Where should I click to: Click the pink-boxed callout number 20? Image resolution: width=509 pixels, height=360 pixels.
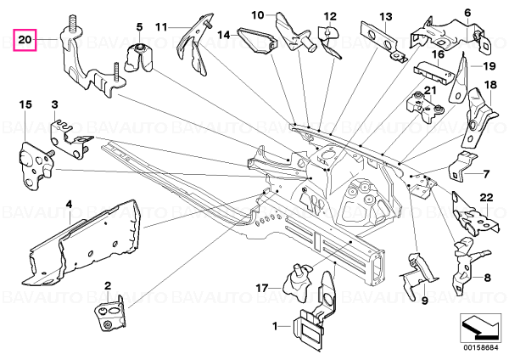[25, 40]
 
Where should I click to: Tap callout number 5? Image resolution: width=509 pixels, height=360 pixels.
[139, 27]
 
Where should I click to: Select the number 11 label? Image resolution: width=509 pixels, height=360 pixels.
[161, 26]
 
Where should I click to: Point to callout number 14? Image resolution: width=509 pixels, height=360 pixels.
[224, 35]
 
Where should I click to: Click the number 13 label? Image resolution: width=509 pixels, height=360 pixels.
[386, 17]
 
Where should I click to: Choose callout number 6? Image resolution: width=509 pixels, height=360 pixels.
[467, 13]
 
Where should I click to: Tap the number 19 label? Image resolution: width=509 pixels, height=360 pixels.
[489, 66]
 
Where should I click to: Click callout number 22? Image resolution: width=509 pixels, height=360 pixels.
[486, 198]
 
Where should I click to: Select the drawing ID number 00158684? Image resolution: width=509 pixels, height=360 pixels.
[480, 348]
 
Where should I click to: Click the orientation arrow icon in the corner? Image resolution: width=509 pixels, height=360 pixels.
[480, 328]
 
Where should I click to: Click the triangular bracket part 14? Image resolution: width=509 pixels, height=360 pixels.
[256, 43]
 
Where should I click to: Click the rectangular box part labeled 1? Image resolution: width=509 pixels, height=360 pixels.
[309, 332]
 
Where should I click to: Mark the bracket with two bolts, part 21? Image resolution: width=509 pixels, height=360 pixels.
[425, 106]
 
